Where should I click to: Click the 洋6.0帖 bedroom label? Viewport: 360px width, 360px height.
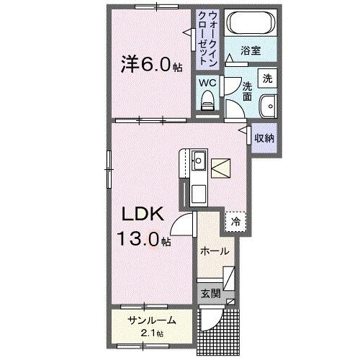click(x=150, y=66)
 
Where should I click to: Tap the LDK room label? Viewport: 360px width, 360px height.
click(x=143, y=214)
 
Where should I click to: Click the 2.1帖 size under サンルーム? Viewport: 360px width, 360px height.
click(x=151, y=333)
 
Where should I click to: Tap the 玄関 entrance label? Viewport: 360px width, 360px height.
click(x=210, y=293)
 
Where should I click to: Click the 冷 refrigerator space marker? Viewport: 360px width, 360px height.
click(x=235, y=222)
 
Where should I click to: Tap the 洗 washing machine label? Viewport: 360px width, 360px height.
click(x=266, y=78)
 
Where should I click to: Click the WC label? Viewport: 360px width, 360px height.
click(x=207, y=83)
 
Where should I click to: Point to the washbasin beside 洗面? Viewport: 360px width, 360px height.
click(x=268, y=104)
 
